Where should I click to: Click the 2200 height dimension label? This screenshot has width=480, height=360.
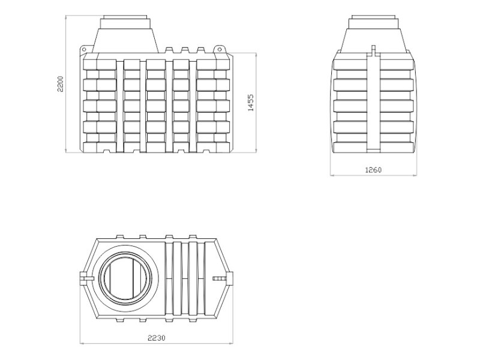(x=60, y=83)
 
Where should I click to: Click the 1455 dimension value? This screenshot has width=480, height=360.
(x=251, y=103)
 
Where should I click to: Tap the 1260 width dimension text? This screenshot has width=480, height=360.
(x=373, y=170)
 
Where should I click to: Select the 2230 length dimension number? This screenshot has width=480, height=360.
(x=157, y=338)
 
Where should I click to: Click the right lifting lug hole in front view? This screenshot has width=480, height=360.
(x=219, y=49)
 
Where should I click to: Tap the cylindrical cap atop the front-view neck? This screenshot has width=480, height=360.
(x=125, y=22)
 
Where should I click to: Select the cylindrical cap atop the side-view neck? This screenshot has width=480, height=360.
(x=374, y=22)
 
